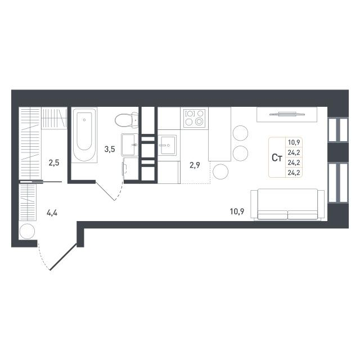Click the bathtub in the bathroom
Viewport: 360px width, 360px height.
pos(84,135)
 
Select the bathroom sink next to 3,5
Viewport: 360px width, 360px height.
pos(130,145)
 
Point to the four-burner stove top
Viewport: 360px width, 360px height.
pos(194,118)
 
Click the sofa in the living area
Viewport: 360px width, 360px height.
pos(287,204)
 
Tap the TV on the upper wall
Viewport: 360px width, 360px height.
pos(287,114)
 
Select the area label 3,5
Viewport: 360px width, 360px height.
pos(110,149)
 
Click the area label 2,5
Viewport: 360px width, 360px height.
pos(54,163)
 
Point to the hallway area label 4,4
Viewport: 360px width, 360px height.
pos(52,213)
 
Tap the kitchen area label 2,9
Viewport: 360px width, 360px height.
pos(195,165)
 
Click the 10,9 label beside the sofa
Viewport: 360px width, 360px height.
pos(237,211)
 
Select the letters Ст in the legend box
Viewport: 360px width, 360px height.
pos(277,157)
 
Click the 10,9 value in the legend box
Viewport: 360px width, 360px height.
pos(294,142)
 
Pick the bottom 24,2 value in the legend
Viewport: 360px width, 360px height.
pos(294,173)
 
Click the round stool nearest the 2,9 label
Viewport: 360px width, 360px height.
pos(220,172)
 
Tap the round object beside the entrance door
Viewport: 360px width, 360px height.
pos(27,231)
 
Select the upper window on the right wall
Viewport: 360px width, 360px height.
pos(338,130)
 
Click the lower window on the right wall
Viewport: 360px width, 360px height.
pos(338,183)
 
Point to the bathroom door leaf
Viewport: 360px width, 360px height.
pos(105,191)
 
